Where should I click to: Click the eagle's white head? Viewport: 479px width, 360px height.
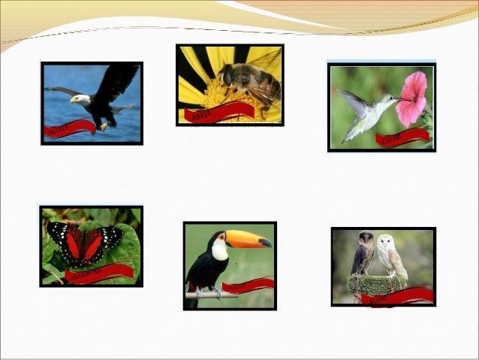[x=81, y=98]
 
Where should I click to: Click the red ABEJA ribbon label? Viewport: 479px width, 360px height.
[x=218, y=112]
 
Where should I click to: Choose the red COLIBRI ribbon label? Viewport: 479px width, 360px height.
[x=402, y=138]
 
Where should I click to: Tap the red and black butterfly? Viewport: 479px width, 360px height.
[x=84, y=244]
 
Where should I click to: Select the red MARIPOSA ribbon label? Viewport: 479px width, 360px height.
[x=98, y=273]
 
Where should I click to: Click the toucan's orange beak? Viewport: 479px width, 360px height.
[x=247, y=239]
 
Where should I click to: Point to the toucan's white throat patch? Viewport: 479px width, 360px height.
[x=219, y=250]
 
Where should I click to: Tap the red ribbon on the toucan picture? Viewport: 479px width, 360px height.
[x=248, y=285]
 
